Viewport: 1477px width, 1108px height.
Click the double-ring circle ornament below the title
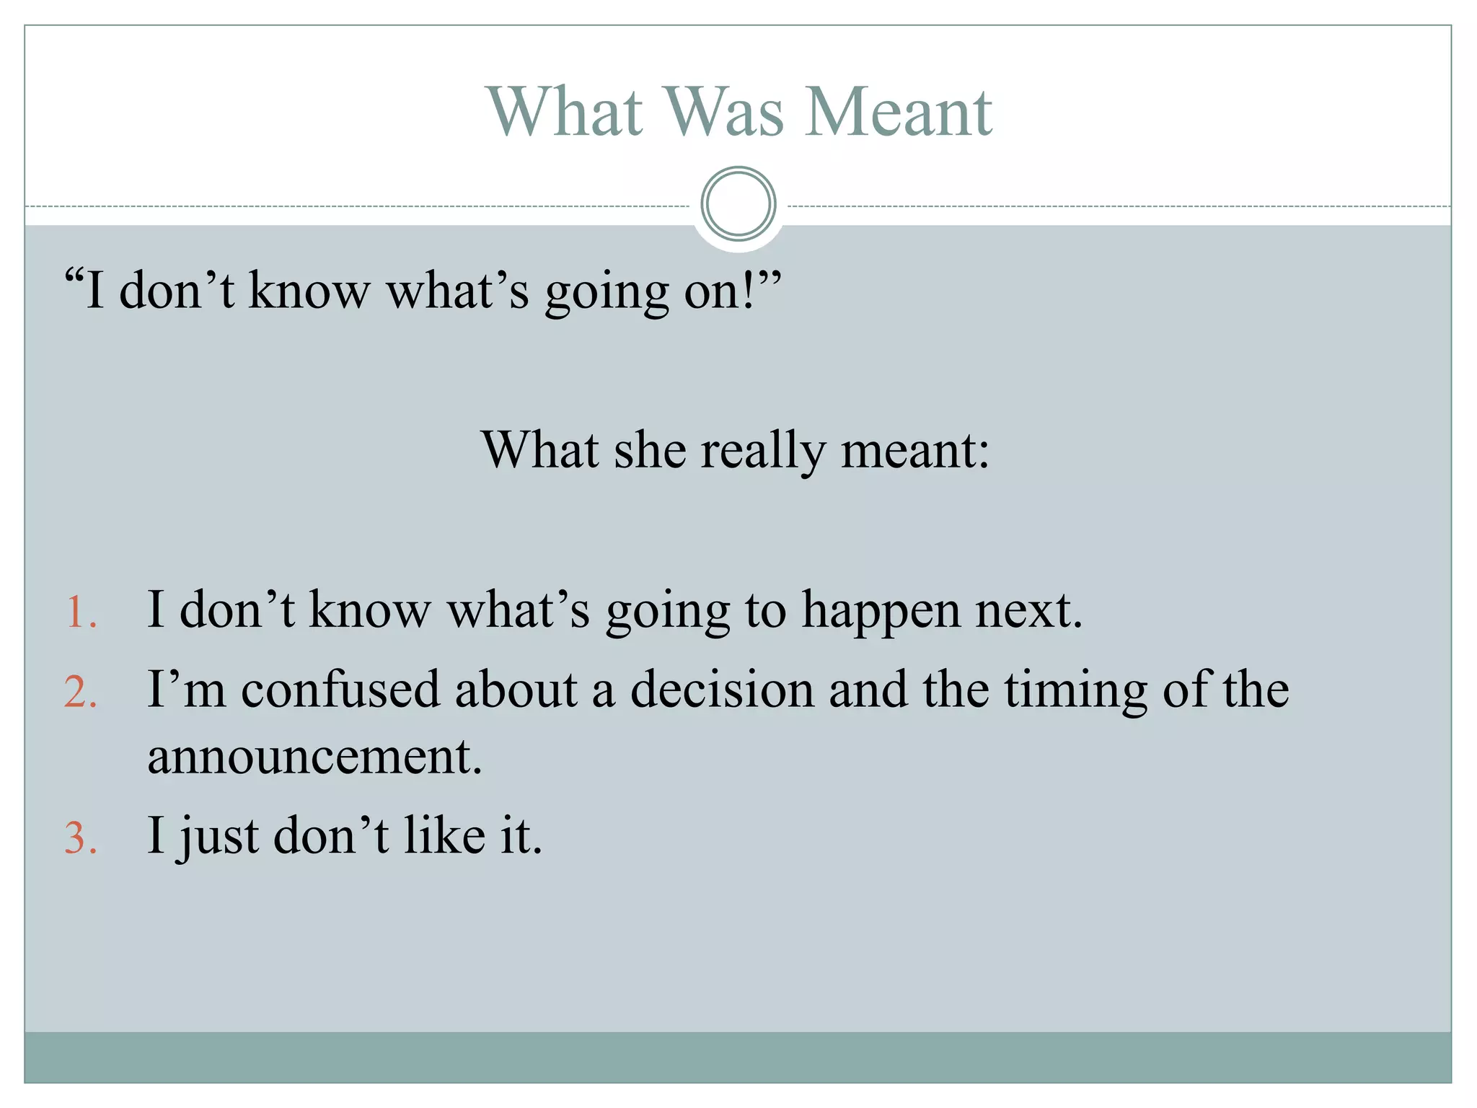[738, 204]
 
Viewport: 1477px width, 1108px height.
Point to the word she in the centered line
[649, 450]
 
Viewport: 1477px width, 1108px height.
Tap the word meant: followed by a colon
[915, 450]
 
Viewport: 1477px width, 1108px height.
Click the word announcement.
[314, 757]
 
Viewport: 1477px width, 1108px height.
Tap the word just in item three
[219, 837]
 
